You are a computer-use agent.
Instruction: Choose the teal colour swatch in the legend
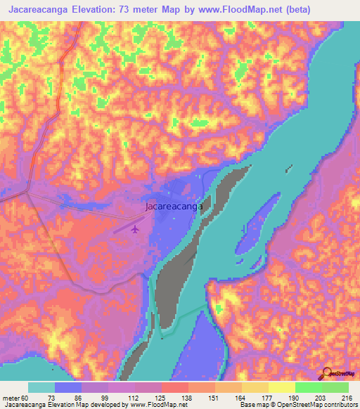tap(41, 387)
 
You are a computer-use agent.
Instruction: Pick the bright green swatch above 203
tap(308, 387)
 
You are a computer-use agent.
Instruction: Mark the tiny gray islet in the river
tap(288, 168)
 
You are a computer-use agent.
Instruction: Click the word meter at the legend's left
tap(12, 398)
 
